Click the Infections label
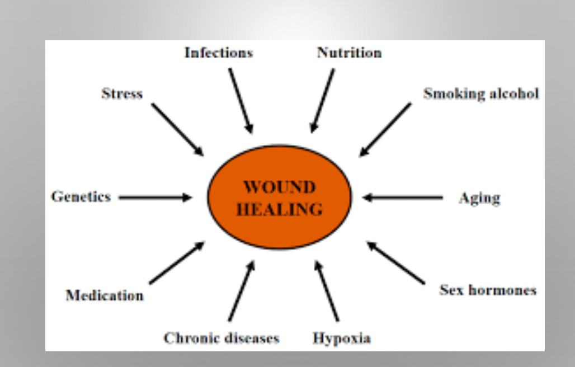[218, 53]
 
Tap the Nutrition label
[349, 53]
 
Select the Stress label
[122, 93]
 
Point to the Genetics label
[81, 197]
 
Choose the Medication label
[105, 295]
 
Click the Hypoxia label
[341, 338]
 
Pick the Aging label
[479, 198]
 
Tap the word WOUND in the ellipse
[279, 187]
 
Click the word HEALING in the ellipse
[279, 210]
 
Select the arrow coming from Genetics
[155, 197]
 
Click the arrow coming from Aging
[402, 197]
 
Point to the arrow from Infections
[240, 101]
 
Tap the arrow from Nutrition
[323, 101]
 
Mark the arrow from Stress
[177, 129]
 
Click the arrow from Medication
[176, 263]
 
